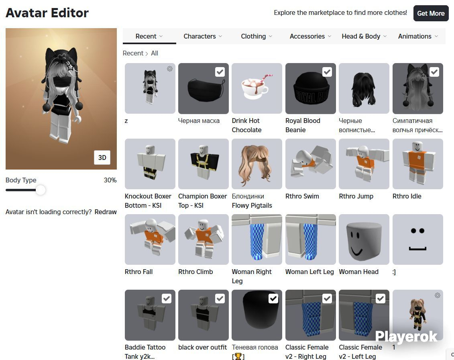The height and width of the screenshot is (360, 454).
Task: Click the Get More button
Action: pyautogui.click(x=431, y=13)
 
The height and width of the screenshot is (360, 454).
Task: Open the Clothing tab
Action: pyautogui.click(x=257, y=36)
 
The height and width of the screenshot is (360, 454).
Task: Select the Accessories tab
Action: pyautogui.click(x=310, y=36)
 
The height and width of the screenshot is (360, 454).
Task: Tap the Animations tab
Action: pyautogui.click(x=418, y=36)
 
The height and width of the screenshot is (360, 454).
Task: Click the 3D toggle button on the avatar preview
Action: pyautogui.click(x=102, y=157)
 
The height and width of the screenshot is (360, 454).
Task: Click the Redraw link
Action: pyautogui.click(x=106, y=212)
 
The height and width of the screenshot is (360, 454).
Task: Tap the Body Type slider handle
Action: pyautogui.click(x=41, y=190)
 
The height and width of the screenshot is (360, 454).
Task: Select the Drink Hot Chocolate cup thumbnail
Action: pyautogui.click(x=257, y=88)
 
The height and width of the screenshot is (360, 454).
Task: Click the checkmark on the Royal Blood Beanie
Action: pyautogui.click(x=327, y=72)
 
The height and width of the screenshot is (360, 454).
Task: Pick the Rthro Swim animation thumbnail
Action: pyautogui.click(x=311, y=164)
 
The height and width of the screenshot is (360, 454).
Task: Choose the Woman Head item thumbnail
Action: pyautogui.click(x=364, y=239)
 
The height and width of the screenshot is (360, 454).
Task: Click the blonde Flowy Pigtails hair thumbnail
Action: pyautogui.click(x=257, y=164)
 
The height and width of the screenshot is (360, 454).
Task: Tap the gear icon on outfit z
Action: pyautogui.click(x=170, y=69)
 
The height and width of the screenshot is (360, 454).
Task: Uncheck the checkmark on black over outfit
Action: pyautogui.click(x=220, y=299)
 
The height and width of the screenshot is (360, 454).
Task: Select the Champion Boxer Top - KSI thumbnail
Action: pyautogui.click(x=204, y=164)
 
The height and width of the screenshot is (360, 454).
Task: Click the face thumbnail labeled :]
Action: pyautogui.click(x=418, y=239)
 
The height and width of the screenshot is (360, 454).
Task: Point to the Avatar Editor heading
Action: pyautogui.click(x=47, y=13)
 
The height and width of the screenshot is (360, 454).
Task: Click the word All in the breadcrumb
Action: pyautogui.click(x=155, y=53)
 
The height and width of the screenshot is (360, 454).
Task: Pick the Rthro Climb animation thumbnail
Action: pyautogui.click(x=204, y=239)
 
